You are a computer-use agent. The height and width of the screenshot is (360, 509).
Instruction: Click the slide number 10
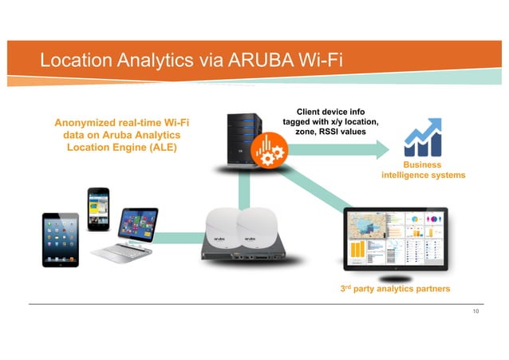click(475, 311)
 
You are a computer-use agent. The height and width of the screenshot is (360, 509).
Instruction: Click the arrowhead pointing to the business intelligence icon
click(386, 146)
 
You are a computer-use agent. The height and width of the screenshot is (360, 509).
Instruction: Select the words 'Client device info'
click(330, 111)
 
